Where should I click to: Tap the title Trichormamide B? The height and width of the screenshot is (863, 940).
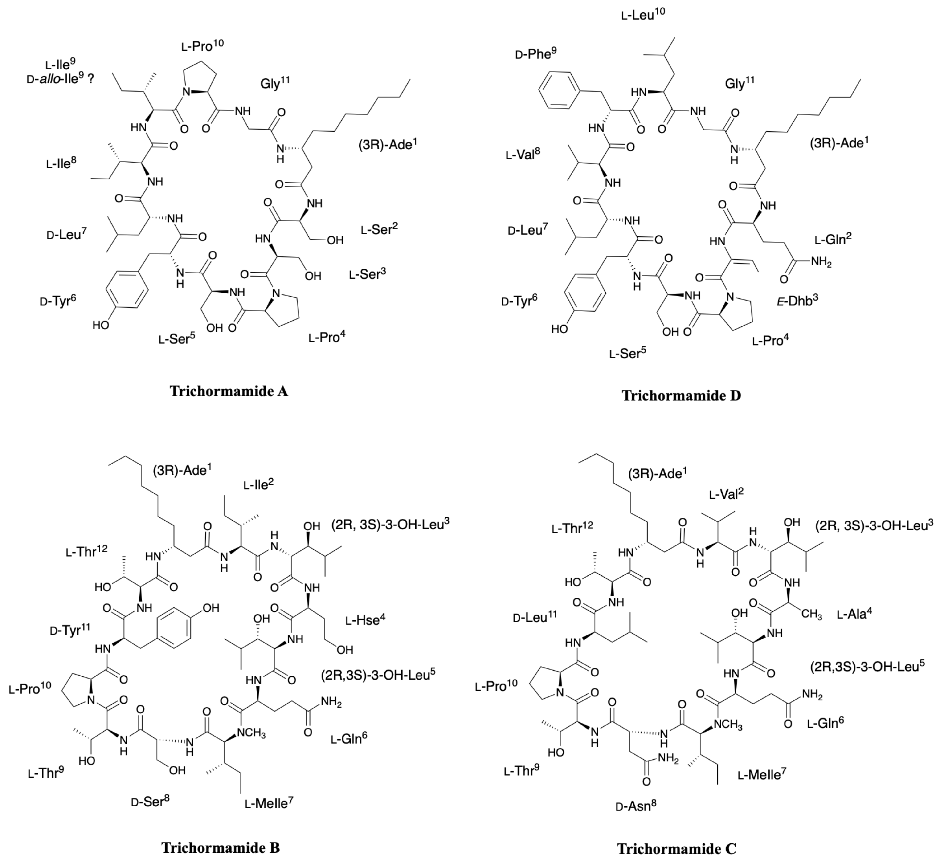click(221, 847)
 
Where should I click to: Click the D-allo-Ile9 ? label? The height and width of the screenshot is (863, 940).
click(60, 78)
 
